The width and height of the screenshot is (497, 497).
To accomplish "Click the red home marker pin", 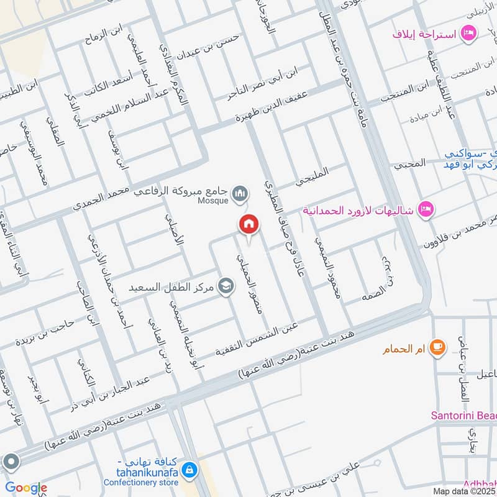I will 249,224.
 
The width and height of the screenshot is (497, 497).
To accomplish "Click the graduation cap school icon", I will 226,288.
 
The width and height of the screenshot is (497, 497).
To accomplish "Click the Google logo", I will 25,488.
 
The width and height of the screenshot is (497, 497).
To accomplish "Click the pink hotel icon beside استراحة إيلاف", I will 469,32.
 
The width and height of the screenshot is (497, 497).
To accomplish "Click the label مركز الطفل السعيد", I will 171,288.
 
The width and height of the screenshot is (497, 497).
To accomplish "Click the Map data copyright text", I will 463,491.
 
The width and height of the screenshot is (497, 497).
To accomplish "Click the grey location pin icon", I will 11,461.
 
